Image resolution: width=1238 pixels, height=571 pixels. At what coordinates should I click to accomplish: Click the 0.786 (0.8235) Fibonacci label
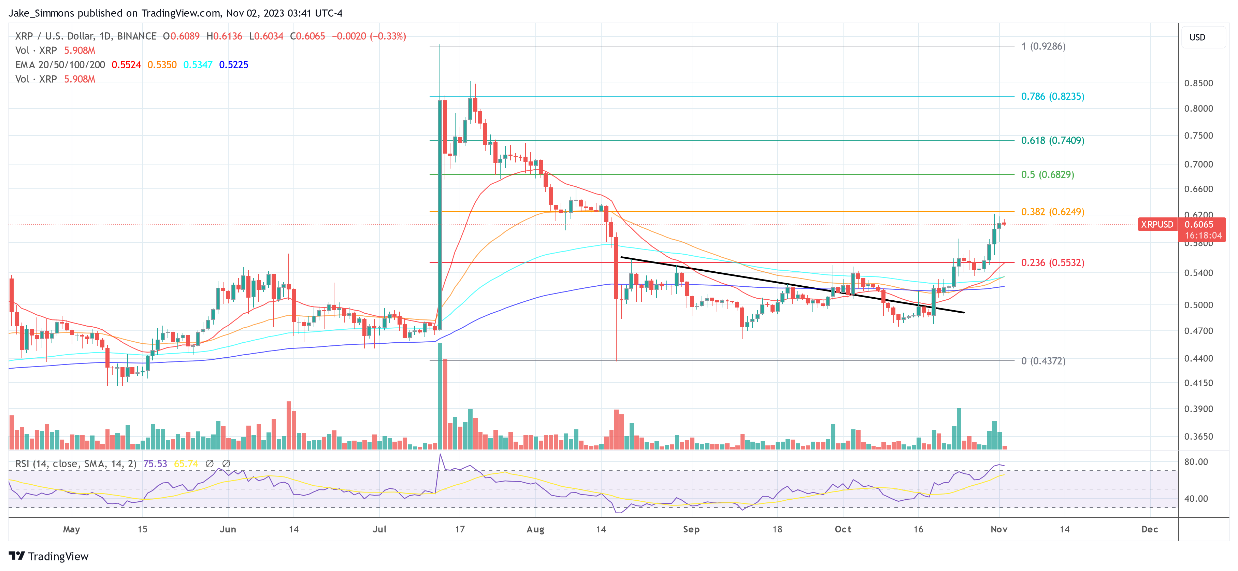[x=1052, y=97]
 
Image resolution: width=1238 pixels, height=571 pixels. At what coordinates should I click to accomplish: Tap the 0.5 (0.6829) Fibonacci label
[x=1047, y=174]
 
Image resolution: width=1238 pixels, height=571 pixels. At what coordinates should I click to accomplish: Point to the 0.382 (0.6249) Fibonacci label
[x=1052, y=212]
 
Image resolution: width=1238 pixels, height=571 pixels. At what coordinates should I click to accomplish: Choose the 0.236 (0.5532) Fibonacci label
[x=1052, y=263]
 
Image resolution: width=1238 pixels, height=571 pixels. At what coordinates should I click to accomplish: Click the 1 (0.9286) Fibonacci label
[x=1043, y=47]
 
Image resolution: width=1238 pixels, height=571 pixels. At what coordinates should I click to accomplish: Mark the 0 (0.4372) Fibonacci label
[x=1043, y=361]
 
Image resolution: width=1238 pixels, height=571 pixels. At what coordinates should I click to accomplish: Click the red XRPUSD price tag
[x=1157, y=225]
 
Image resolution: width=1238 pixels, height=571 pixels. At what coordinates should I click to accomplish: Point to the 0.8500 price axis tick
[x=1198, y=83]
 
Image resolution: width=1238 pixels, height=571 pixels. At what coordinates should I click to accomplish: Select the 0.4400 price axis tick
[x=1198, y=359]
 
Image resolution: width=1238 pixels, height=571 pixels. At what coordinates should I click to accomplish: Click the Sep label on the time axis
[x=691, y=529]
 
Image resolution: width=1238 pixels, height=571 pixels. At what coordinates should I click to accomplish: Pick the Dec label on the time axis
[x=1150, y=529]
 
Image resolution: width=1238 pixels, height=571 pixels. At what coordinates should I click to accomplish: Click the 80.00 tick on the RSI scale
[x=1196, y=462]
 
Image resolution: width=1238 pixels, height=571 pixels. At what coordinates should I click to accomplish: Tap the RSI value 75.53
[x=155, y=464]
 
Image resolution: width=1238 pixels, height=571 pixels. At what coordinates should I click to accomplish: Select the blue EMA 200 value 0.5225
[x=233, y=65]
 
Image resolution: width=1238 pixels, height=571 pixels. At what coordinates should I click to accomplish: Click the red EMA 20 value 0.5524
[x=126, y=65]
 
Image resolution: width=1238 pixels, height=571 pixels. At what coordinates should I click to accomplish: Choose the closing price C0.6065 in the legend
[x=307, y=36]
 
